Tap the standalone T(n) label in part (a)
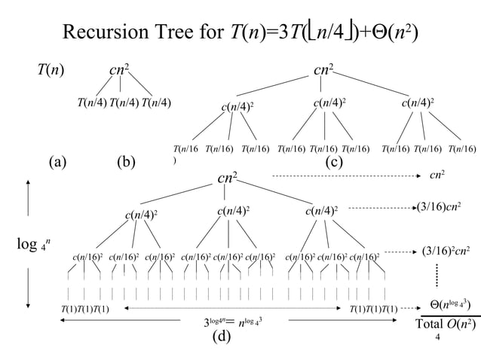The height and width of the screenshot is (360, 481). pos(51,71)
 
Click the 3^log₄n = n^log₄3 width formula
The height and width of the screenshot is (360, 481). pos(234,324)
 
